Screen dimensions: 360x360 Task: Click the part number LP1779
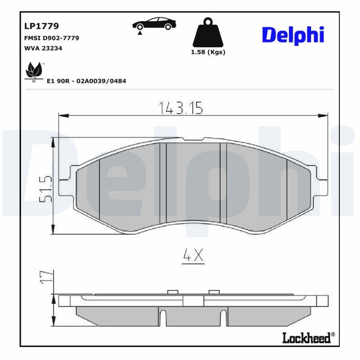[x=41, y=27]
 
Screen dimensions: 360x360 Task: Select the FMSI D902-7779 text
[x=51, y=38]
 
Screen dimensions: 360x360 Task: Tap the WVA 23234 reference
[x=43, y=48]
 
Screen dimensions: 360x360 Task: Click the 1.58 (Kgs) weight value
[x=208, y=52]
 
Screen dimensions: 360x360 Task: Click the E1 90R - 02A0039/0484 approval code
[x=86, y=81]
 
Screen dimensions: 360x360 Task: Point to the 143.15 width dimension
[x=181, y=107]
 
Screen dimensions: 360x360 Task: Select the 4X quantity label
[x=193, y=256]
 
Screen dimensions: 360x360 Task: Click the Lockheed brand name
[x=308, y=337]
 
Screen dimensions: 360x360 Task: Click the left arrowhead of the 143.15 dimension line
[x=63, y=116]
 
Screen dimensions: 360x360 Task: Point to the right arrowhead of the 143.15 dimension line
[x=323, y=116]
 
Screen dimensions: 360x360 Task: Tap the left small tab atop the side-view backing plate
[x=173, y=292]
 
